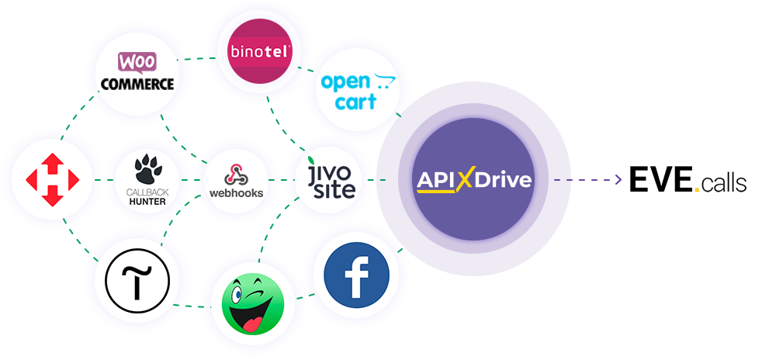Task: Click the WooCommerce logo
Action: click(x=137, y=71)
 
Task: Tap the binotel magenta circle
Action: click(x=259, y=50)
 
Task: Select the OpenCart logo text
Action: click(x=358, y=92)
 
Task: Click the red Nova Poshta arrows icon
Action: click(x=53, y=179)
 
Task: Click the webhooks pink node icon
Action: click(x=236, y=175)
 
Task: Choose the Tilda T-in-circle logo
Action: click(x=137, y=281)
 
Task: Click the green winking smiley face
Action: click(x=253, y=303)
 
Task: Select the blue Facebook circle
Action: click(x=357, y=275)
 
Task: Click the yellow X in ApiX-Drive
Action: click(x=464, y=180)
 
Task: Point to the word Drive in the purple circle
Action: click(x=503, y=180)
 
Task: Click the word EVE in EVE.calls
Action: click(x=661, y=179)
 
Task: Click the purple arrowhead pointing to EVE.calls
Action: click(x=618, y=180)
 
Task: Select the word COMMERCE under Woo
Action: click(x=137, y=84)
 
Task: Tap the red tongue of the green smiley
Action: click(x=251, y=323)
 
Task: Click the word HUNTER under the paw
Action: click(x=147, y=202)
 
